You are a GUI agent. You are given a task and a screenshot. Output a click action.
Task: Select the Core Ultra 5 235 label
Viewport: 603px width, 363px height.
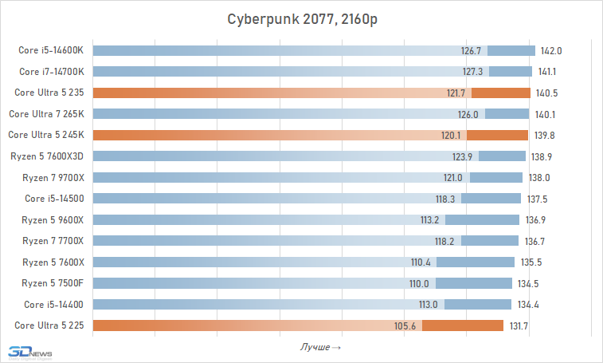pyautogui.click(x=49, y=93)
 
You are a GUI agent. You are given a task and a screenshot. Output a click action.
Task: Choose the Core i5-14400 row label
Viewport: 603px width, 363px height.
pyautogui.click(x=53, y=304)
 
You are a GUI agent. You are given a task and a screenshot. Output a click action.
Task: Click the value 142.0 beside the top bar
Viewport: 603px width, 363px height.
pyautogui.click(x=551, y=50)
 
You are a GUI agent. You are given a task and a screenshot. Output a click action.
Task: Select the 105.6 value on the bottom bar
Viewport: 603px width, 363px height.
pyautogui.click(x=406, y=325)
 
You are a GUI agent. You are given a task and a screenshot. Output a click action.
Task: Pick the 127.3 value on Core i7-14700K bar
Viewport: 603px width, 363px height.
pyautogui.click(x=472, y=72)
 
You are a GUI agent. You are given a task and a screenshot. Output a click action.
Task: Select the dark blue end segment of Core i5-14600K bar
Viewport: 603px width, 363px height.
pyautogui.click(x=510, y=50)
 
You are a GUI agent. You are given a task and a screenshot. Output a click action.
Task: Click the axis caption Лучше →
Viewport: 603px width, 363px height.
pyautogui.click(x=321, y=347)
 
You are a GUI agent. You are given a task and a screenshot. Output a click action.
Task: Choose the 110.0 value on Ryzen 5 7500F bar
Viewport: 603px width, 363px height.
pyautogui.click(x=419, y=282)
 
